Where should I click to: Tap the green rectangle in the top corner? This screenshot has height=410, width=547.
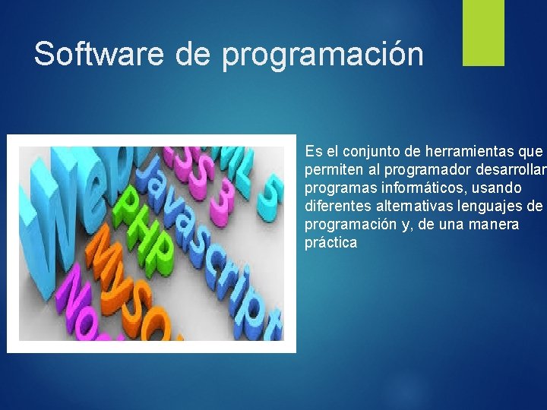(x=484, y=33)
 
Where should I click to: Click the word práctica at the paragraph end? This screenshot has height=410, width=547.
(x=330, y=243)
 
